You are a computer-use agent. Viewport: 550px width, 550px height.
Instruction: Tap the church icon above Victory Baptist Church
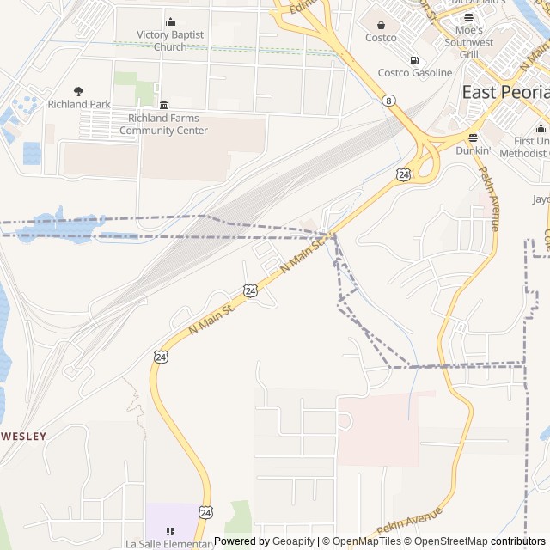tap(170, 22)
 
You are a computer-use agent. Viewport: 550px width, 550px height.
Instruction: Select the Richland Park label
tap(79, 104)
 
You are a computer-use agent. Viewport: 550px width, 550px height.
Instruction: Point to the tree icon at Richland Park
tap(79, 90)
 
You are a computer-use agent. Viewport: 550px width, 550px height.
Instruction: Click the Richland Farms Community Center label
tap(163, 124)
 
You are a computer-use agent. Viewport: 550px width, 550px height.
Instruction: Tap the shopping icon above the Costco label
tap(381, 24)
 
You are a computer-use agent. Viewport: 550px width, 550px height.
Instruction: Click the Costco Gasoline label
tap(415, 73)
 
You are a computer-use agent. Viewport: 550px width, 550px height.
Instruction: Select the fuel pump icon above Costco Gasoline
tap(415, 60)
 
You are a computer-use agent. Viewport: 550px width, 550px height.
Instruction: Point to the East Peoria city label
tap(505, 92)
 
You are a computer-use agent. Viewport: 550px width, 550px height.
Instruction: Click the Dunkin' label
tap(473, 150)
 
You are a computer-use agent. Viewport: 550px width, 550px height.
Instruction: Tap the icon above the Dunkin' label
tap(473, 137)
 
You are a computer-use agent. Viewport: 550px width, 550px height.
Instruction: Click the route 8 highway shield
tap(390, 101)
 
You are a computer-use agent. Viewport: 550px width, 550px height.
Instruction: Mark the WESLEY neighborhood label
tap(23, 436)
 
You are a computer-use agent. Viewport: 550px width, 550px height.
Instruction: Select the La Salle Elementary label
tap(169, 544)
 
